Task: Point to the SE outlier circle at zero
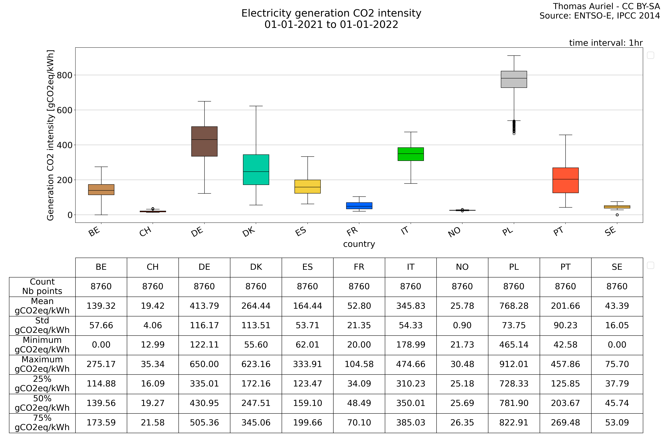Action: (x=617, y=215)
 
